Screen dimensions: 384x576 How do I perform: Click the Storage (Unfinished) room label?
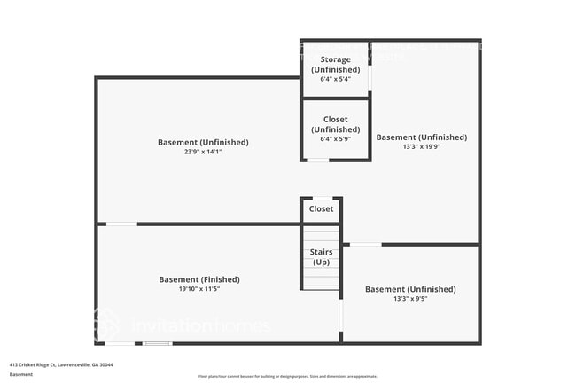[x=335, y=65]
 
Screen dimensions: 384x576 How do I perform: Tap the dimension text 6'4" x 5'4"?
[x=335, y=79]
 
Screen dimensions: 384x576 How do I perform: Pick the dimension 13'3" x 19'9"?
[x=421, y=147]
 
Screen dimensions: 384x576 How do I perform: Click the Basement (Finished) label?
[x=199, y=279]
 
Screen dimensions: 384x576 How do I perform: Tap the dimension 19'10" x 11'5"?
[x=199, y=289]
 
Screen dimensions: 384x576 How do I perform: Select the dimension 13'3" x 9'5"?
[x=410, y=299]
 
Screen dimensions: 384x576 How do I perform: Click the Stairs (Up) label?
[x=321, y=257]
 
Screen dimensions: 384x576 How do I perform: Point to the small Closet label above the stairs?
[x=321, y=209]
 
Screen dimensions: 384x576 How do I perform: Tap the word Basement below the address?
[x=21, y=374]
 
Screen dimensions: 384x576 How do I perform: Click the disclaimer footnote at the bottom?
[x=287, y=377]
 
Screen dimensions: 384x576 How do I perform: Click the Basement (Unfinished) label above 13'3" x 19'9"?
[x=421, y=137]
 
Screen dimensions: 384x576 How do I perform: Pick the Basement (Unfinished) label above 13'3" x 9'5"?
[x=410, y=289]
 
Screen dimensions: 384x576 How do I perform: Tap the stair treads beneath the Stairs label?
[x=321, y=277]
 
